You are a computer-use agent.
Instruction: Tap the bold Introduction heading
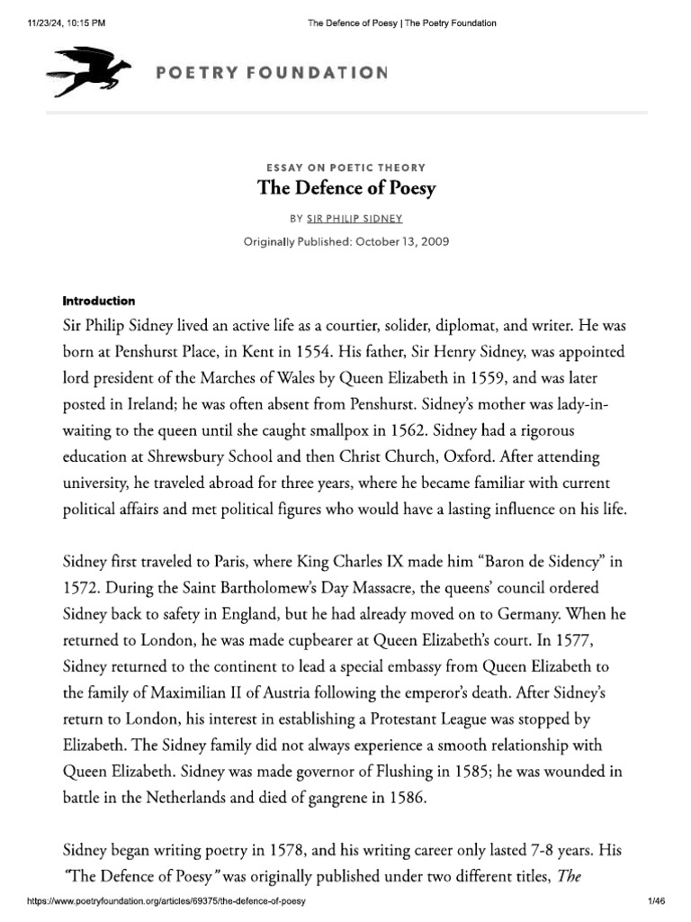pyautogui.click(x=99, y=300)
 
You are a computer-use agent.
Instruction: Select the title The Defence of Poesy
pyautogui.click(x=346, y=188)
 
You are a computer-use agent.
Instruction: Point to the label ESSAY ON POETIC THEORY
pyautogui.click(x=346, y=167)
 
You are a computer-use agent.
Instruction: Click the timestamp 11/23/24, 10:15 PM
pyautogui.click(x=62, y=23)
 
